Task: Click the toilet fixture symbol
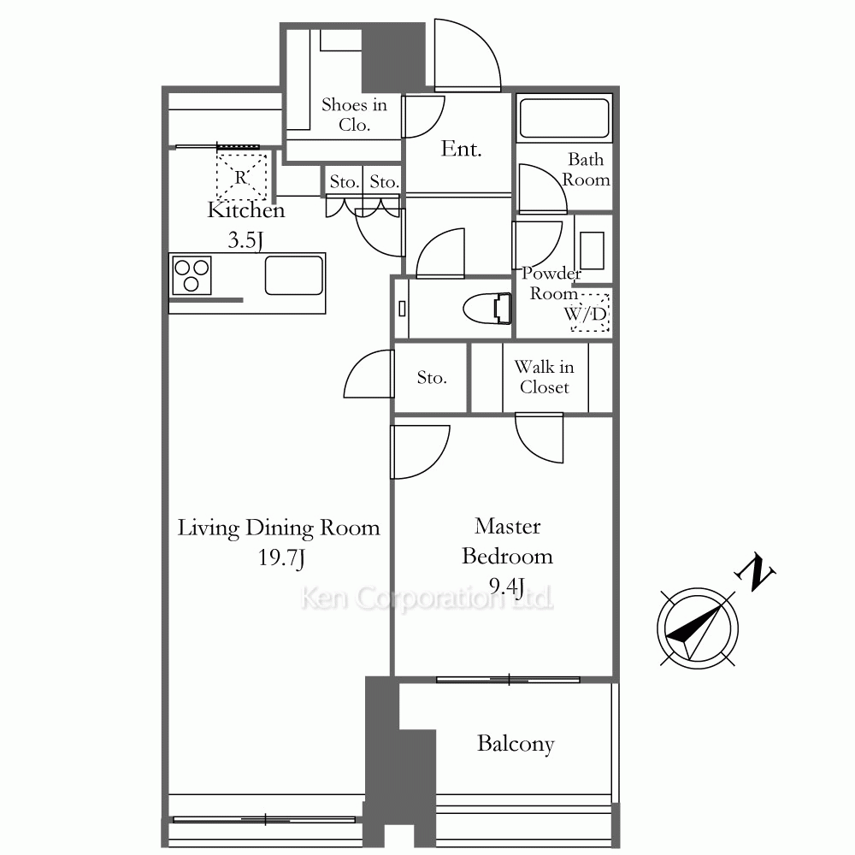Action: (487, 308)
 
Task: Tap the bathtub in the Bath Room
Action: (563, 118)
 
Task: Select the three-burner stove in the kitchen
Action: (192, 275)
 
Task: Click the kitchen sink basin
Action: (294, 275)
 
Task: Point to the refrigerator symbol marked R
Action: (242, 175)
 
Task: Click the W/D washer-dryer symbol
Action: (589, 313)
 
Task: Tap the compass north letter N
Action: (755, 571)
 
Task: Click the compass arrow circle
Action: (698, 628)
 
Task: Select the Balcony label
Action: (516, 744)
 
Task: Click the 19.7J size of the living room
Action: (281, 557)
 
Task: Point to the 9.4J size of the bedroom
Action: (506, 587)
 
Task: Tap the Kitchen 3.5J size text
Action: (245, 240)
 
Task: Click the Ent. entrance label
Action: (462, 149)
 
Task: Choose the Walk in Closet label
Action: (544, 377)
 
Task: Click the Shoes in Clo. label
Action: (354, 115)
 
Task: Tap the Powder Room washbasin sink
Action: (592, 251)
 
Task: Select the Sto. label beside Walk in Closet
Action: (431, 377)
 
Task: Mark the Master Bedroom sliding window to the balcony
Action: (508, 680)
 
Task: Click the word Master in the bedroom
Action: (508, 526)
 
